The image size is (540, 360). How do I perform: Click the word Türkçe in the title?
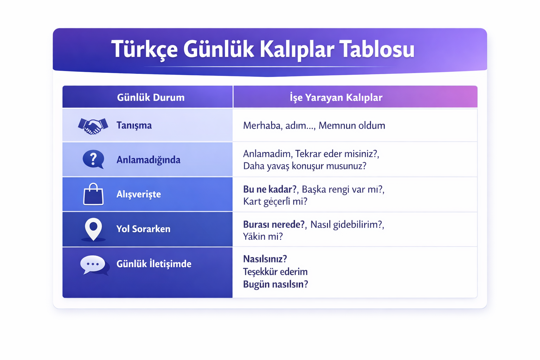pos(144,49)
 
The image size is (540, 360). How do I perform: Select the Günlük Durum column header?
pos(151,97)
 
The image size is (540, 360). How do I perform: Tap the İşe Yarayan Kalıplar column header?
pos(336,97)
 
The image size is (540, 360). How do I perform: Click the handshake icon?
pos(93,126)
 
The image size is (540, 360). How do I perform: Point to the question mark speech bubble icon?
pos(94,159)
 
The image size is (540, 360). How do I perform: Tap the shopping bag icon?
pos(93,194)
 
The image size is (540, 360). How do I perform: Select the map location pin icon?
pos(93,229)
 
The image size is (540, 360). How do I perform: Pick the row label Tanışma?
pos(134,126)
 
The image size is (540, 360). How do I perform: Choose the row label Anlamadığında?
pos(148,160)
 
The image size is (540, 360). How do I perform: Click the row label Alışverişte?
pos(139,194)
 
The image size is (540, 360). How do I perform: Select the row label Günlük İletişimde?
pos(154,264)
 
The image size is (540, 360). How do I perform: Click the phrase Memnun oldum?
pos(352,126)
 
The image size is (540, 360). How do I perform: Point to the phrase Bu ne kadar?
pos(270,189)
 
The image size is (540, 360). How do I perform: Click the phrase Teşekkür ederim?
pos(275,272)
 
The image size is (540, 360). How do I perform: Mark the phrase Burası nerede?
pos(274,225)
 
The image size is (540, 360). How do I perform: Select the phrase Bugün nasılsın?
pos(276,284)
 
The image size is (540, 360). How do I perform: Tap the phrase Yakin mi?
pos(263,236)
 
